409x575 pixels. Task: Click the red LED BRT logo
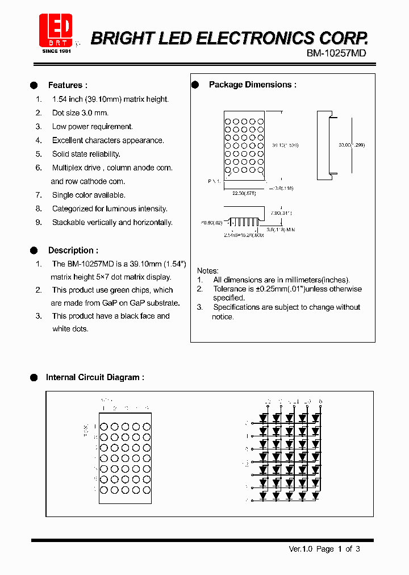(56, 32)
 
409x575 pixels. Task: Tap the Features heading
(68, 85)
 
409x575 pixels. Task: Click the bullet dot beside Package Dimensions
(195, 85)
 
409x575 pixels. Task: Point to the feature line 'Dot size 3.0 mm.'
(80, 113)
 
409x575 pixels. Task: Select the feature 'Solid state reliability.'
(86, 154)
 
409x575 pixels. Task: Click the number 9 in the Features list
(39, 222)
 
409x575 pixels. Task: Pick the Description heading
(73, 250)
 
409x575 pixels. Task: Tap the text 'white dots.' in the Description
(70, 328)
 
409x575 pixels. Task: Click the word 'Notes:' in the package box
(207, 271)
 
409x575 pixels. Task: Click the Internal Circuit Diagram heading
(94, 377)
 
